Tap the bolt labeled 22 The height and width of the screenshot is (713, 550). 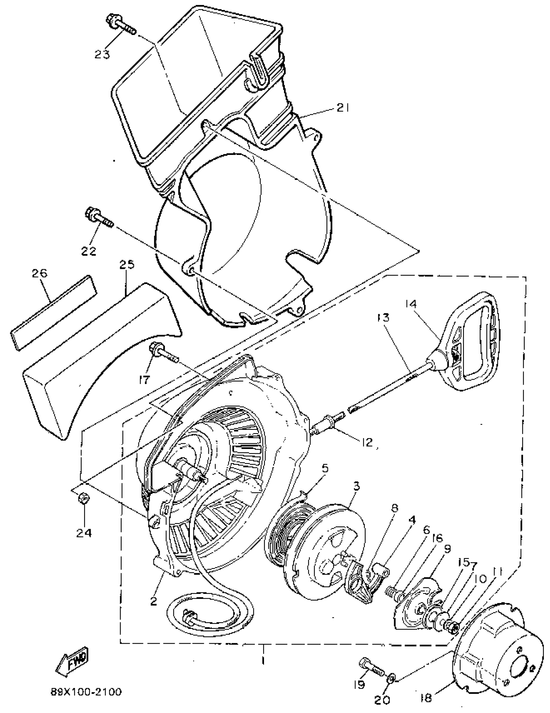point(98,217)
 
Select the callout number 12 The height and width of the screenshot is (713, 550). point(367,442)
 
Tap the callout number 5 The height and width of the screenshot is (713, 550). point(325,468)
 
